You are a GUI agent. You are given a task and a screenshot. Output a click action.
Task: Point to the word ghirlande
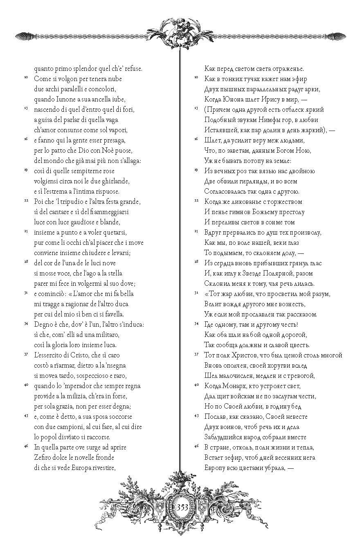(x=114, y=181)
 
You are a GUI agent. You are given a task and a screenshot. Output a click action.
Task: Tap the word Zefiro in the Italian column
(x=43, y=457)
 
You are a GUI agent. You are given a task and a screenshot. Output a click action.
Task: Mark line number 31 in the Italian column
(x=25, y=293)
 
